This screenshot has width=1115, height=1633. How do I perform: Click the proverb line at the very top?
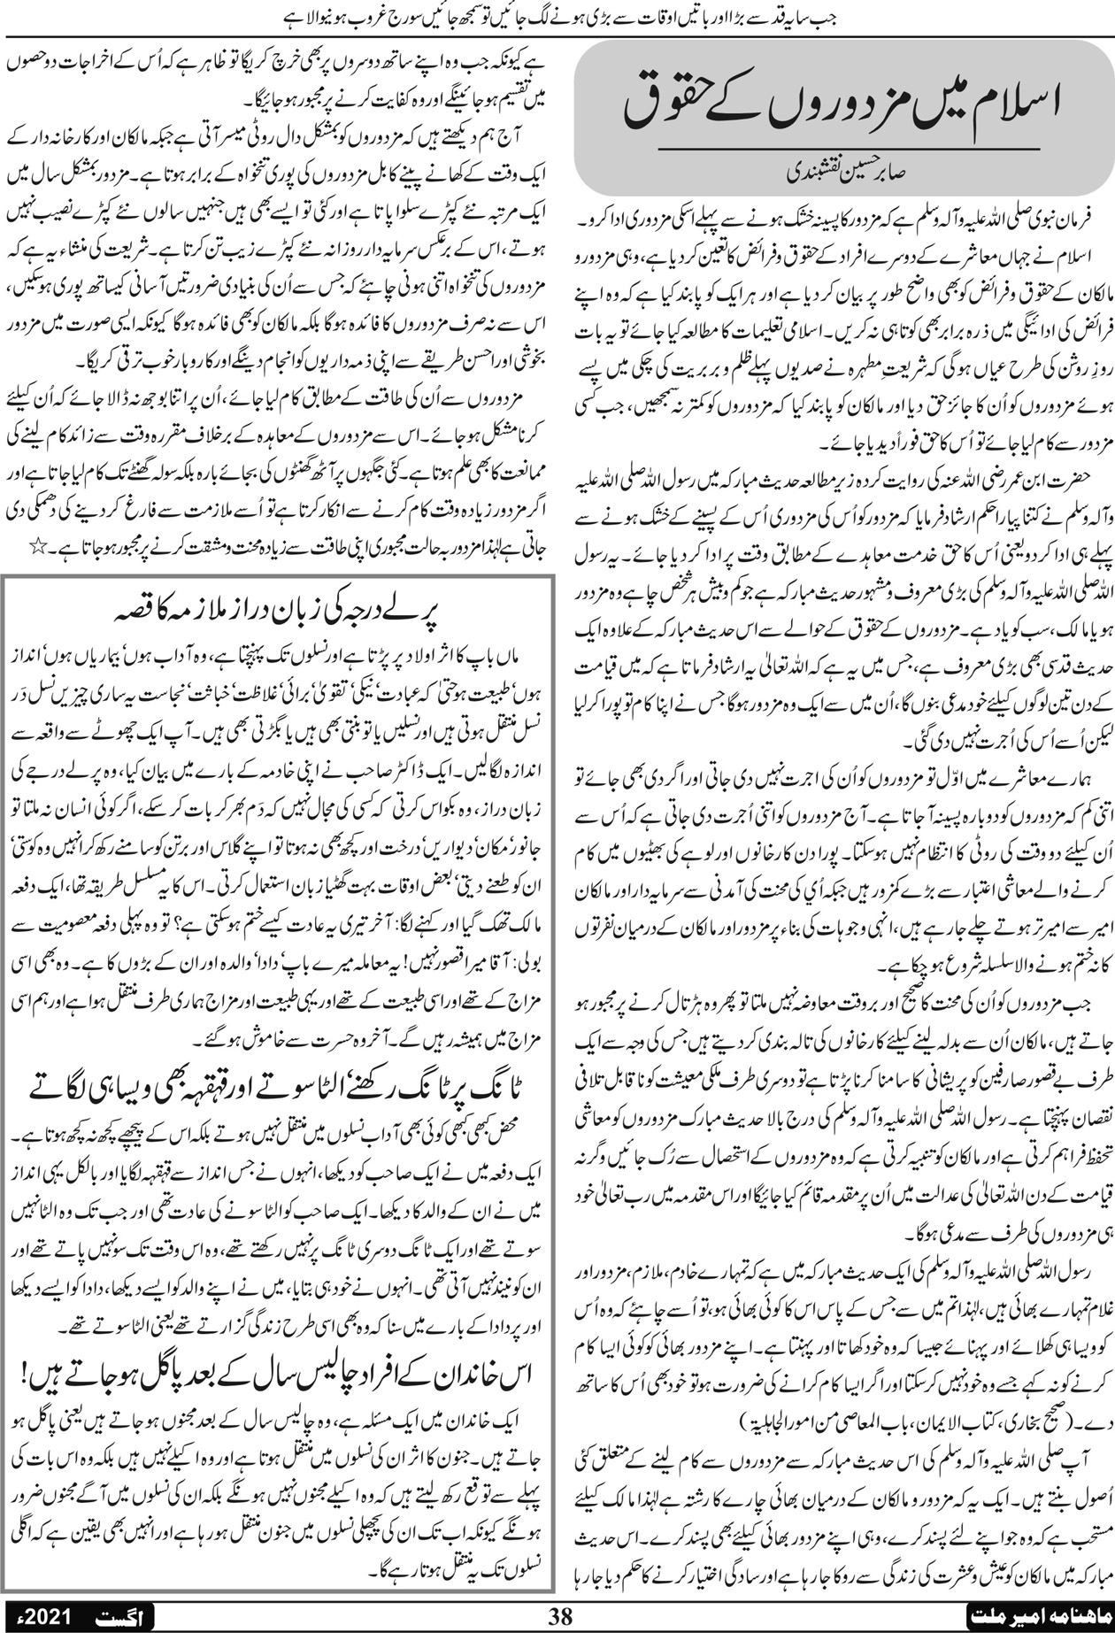pyautogui.click(x=557, y=17)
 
